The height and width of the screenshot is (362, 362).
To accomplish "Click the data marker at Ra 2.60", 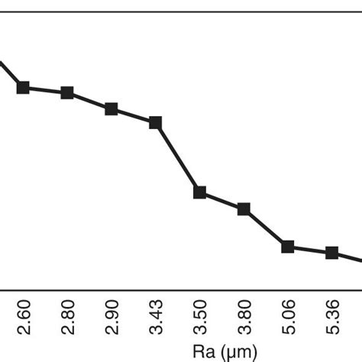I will tap(23, 88).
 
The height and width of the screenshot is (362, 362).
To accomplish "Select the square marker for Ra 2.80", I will tap(67, 93).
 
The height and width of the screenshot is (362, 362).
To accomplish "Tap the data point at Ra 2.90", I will tap(112, 109).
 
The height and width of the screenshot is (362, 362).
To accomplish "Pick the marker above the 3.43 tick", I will tap(156, 122).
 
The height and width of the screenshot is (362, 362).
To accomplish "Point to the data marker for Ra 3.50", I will tap(200, 192).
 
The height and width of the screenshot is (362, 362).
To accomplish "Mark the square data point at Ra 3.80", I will tap(244, 209).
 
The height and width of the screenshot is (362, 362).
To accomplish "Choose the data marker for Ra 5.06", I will tap(288, 246).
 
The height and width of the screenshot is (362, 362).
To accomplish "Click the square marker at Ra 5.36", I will tap(332, 253).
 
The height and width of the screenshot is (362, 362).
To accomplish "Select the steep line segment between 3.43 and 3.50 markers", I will tap(178, 157).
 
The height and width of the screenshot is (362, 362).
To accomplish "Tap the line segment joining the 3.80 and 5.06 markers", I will tap(266, 228).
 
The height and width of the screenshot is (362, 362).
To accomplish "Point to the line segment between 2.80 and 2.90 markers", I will tap(89, 101).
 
